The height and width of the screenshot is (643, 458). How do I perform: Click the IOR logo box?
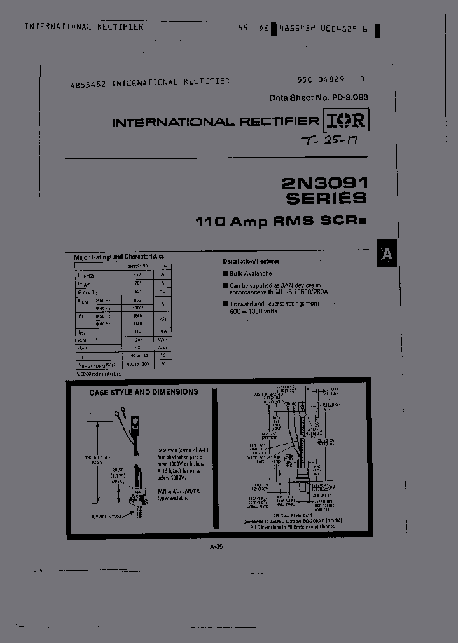[346, 121]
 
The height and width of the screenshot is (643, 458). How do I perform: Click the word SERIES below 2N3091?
[326, 198]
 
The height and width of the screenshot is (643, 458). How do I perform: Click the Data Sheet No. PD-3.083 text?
[319, 98]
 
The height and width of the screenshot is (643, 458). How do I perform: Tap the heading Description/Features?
[251, 261]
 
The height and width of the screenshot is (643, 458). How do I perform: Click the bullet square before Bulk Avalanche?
[225, 273]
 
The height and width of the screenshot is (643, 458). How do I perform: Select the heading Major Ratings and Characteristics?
[119, 257]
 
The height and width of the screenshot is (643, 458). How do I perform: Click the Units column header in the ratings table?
[163, 266]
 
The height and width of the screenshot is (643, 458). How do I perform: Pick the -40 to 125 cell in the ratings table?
[137, 357]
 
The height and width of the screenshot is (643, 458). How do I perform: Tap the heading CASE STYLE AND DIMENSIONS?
[143, 393]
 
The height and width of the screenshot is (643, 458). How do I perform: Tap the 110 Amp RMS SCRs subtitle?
[281, 222]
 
